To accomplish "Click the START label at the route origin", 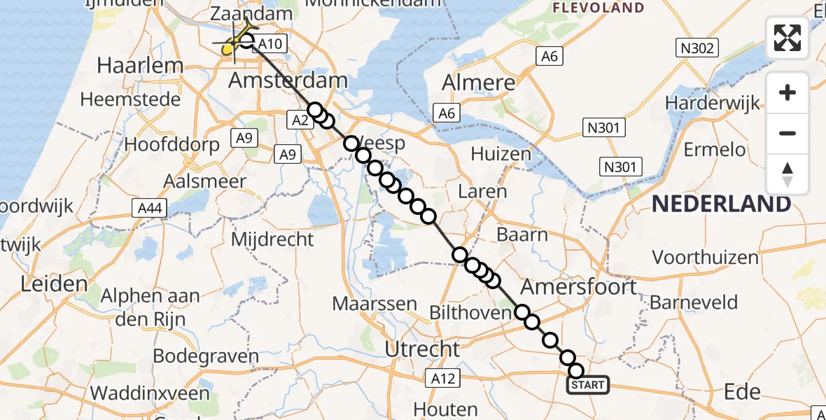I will (587, 385).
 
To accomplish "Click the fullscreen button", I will (787, 38).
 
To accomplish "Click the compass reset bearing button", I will (787, 174).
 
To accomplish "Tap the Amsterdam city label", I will (288, 80).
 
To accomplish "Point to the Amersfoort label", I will (579, 286).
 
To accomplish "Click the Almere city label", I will (479, 83).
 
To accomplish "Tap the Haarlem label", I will (140, 66).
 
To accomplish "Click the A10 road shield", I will (269, 45).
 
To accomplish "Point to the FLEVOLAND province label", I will (598, 8).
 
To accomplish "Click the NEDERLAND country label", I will (722, 204).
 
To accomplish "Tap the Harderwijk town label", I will (713, 104).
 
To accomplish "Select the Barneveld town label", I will (694, 302).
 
